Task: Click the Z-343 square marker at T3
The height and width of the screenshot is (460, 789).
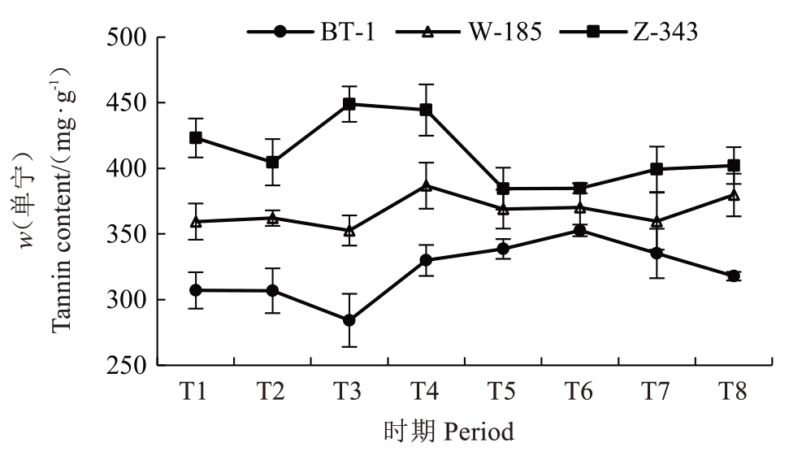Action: tap(349, 104)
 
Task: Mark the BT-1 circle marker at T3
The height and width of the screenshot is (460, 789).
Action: tap(349, 320)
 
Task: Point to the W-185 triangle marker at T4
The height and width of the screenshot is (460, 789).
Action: tap(426, 185)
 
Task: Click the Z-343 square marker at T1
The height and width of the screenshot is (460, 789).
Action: tap(196, 137)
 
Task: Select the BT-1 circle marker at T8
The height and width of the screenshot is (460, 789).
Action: tap(734, 276)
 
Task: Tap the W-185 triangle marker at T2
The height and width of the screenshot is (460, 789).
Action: tap(273, 218)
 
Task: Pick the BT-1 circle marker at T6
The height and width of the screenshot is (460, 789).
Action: tap(579, 230)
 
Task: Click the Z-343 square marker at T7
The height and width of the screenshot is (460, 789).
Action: tap(657, 169)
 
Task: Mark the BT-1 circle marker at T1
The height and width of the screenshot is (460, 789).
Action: tap(196, 290)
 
